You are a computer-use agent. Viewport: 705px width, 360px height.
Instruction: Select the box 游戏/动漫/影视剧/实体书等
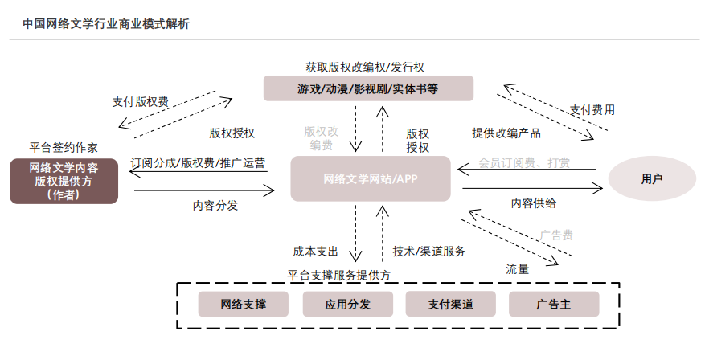[x=368, y=88]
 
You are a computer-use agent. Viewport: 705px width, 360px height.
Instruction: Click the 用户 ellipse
[x=652, y=178]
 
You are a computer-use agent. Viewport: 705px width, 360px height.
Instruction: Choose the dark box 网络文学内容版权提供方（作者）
[x=64, y=181]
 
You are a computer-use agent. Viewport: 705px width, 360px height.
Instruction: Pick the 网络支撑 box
[x=244, y=305]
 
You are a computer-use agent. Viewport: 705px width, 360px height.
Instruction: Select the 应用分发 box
[x=347, y=305]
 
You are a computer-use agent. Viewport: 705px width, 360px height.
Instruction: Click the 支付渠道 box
[x=450, y=305]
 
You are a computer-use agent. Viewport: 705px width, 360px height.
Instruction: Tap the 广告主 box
[x=553, y=305]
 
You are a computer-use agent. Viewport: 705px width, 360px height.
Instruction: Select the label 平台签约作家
[x=64, y=147]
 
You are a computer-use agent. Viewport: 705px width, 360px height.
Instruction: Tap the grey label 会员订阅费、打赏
[x=524, y=162]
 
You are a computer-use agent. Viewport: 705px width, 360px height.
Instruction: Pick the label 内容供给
[x=533, y=203]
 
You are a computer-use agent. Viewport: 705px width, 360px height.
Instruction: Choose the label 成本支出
[x=316, y=251]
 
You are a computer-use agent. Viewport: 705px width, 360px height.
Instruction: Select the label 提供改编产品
[x=506, y=133]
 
